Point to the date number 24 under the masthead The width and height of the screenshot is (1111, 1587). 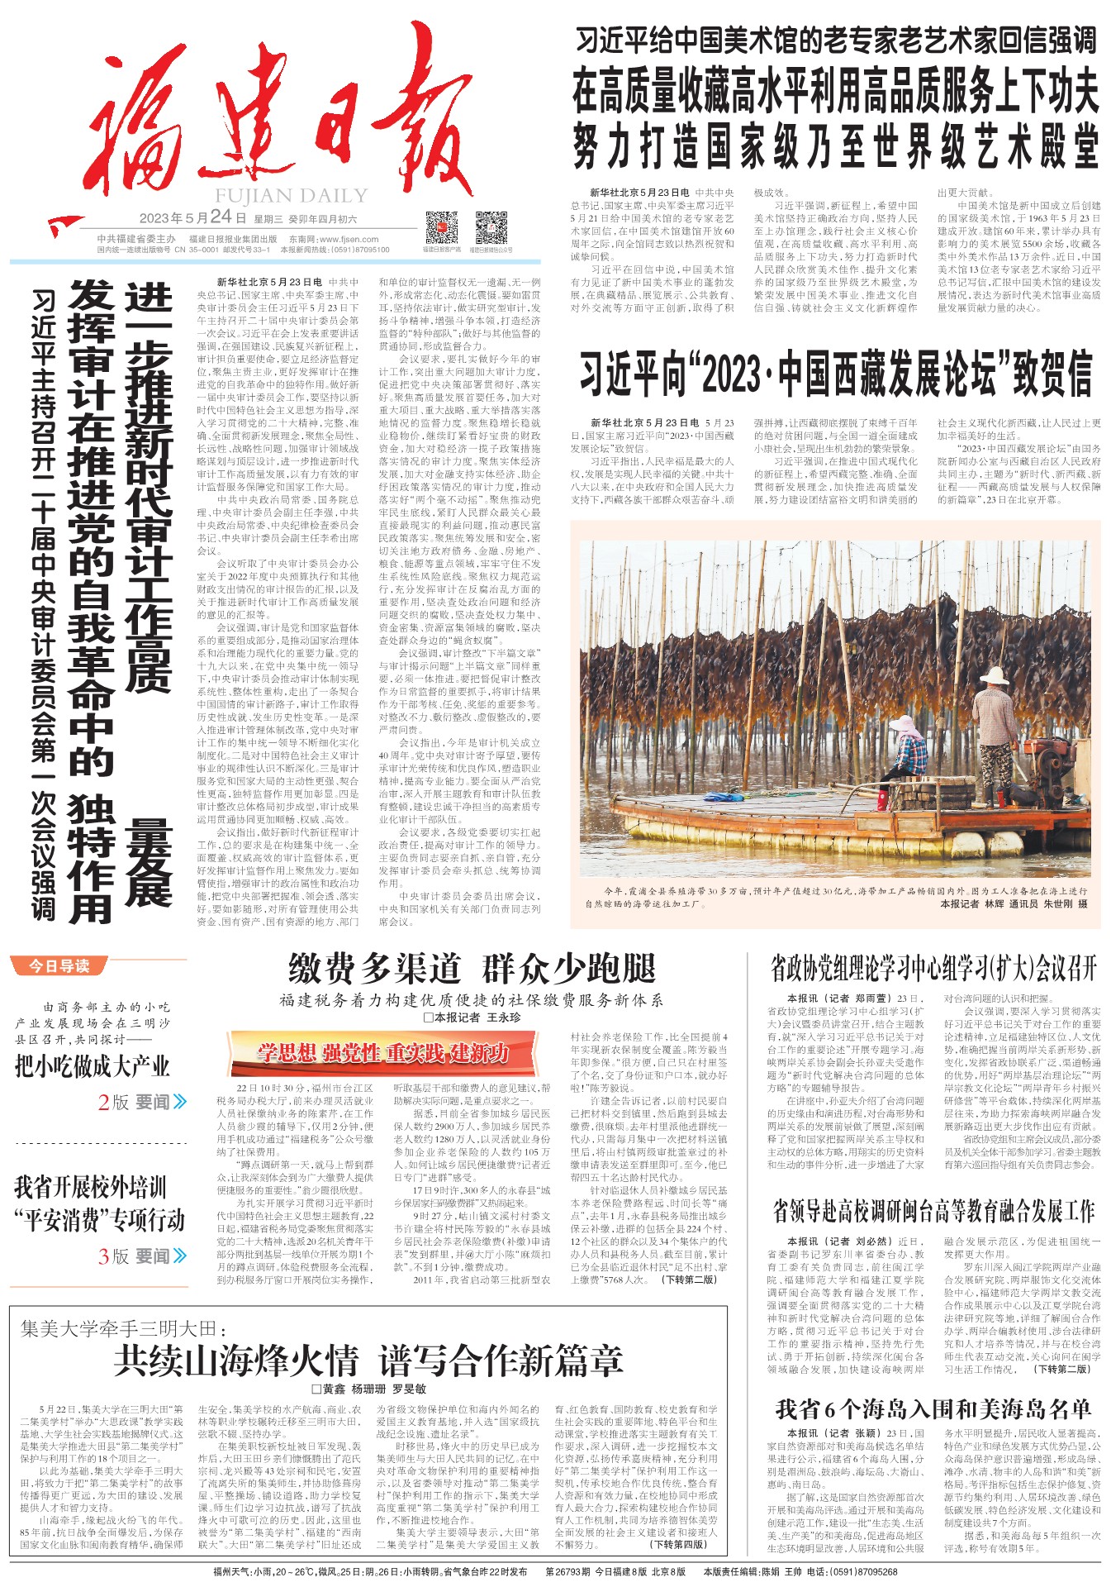click(221, 217)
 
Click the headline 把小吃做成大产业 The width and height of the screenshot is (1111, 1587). click(93, 1066)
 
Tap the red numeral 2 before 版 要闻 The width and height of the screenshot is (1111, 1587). click(103, 1102)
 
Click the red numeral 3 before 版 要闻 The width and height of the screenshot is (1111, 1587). click(103, 1256)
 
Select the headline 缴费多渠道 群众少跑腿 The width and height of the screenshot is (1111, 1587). click(472, 968)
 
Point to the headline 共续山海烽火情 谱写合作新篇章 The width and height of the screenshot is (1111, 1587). click(368, 1360)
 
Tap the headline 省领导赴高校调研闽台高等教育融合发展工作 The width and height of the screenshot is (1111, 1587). click(933, 1212)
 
